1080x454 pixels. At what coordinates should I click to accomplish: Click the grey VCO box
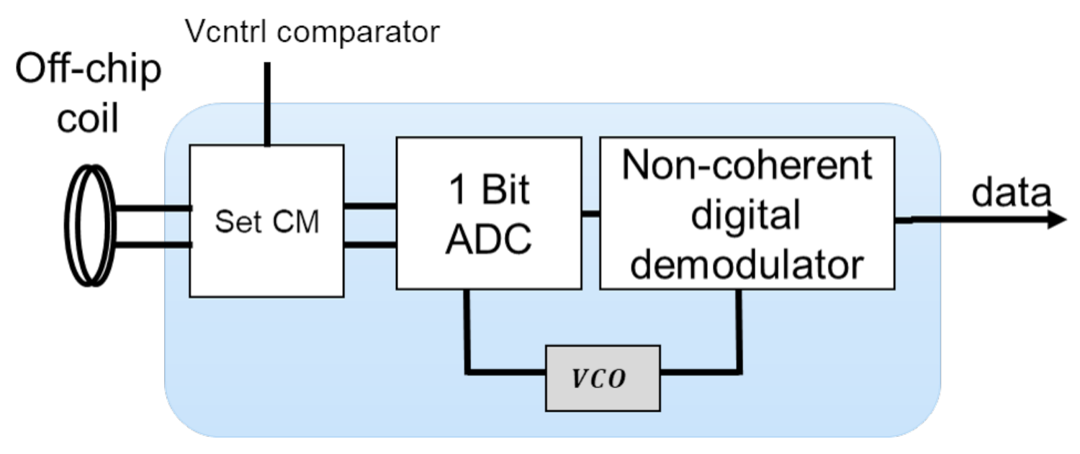(x=603, y=378)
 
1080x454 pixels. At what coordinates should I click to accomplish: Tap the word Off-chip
(x=89, y=72)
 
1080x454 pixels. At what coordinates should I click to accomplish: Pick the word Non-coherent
(x=747, y=165)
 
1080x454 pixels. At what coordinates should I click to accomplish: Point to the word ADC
(x=488, y=239)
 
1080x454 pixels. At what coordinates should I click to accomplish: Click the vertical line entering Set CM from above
(x=267, y=104)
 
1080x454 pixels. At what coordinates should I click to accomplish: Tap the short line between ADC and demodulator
(x=590, y=214)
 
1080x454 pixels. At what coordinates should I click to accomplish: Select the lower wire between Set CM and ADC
(x=369, y=245)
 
